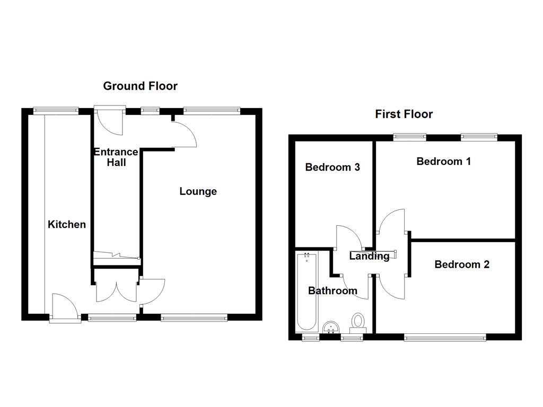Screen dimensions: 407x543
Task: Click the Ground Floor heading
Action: (x=140, y=86)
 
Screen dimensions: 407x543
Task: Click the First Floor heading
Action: (x=404, y=114)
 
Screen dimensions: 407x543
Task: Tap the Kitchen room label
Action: (x=67, y=225)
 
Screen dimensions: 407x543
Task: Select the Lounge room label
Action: (x=198, y=191)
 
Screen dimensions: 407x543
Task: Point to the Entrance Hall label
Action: (x=116, y=157)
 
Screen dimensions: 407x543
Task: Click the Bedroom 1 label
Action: (x=443, y=162)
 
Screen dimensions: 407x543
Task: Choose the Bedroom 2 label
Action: (x=461, y=264)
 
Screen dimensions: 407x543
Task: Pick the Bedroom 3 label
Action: (x=332, y=167)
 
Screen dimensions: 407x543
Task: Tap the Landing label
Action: (x=369, y=256)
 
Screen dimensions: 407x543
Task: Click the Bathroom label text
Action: (x=332, y=291)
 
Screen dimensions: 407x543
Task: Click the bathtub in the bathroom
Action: (x=306, y=291)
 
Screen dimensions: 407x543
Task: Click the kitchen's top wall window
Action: (x=56, y=111)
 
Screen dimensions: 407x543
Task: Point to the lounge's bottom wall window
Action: (x=194, y=318)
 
